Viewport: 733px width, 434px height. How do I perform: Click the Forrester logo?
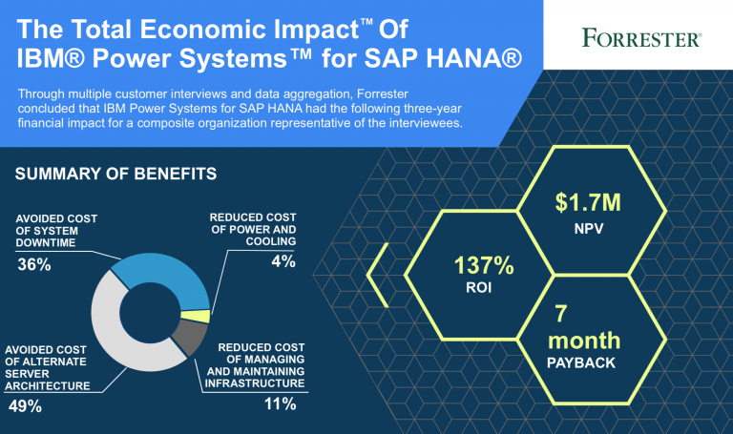(641, 38)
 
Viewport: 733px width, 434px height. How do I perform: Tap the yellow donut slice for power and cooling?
(196, 317)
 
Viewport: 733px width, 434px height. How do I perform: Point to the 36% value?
(34, 264)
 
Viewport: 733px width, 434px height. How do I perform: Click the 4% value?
(283, 261)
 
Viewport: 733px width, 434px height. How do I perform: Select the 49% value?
(25, 406)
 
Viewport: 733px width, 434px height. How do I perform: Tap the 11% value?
(280, 403)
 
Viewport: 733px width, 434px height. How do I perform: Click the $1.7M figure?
(588, 203)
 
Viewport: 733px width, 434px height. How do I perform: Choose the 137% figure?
(484, 265)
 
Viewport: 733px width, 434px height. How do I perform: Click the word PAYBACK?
(581, 363)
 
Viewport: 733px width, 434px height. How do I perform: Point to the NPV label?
(589, 228)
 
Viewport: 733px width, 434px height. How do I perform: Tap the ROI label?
(479, 287)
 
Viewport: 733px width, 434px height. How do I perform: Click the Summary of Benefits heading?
(115, 174)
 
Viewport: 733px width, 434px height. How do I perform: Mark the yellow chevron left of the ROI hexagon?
(378, 275)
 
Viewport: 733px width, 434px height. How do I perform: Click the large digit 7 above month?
(561, 314)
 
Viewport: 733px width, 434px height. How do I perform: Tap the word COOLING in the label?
(271, 241)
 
